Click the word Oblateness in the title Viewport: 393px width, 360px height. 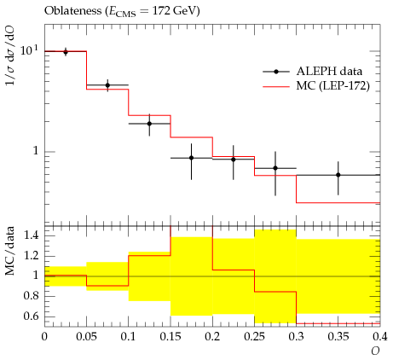(x=72, y=11)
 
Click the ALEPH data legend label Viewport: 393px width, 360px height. (x=329, y=71)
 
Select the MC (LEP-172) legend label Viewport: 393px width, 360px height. (x=333, y=85)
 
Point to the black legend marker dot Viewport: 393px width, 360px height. (x=276, y=72)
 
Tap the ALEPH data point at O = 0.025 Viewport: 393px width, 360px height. (x=66, y=52)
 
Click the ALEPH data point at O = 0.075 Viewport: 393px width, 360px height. (x=107, y=85)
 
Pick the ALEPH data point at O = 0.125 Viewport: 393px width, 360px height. (x=149, y=124)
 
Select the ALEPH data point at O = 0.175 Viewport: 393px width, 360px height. (x=192, y=158)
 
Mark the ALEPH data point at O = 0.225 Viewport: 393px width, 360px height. (x=234, y=160)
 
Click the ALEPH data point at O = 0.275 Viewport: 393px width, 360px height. (x=275, y=168)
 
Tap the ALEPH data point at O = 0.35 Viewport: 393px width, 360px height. (x=338, y=175)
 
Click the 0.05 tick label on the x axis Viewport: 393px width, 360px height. (x=86, y=337)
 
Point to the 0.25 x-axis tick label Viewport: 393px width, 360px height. (x=254, y=337)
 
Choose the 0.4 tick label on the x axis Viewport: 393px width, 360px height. (x=380, y=337)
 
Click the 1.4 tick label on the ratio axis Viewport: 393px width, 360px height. (x=31, y=235)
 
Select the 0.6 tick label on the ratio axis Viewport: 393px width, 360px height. (x=31, y=316)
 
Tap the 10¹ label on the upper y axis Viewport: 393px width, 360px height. (x=29, y=50)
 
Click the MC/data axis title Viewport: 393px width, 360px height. (x=10, y=251)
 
